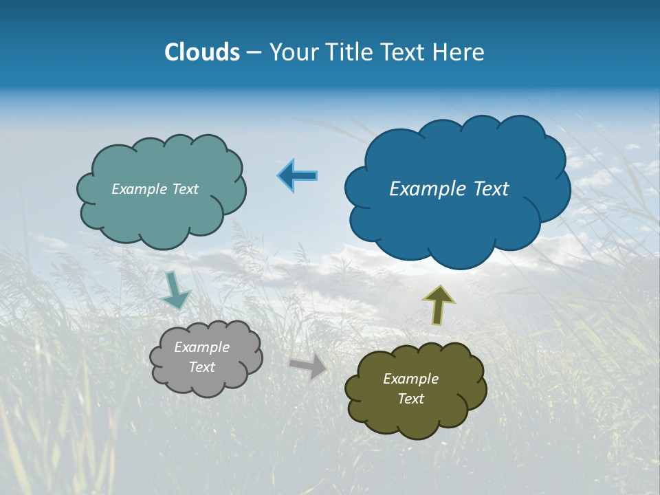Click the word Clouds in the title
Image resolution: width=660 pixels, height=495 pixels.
202,52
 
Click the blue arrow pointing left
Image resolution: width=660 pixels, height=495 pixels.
297,176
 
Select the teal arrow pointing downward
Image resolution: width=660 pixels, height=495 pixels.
175,290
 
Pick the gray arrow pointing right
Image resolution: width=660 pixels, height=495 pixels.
309,366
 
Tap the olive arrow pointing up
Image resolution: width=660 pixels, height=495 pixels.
438,305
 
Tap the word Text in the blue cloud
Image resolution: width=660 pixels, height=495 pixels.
489,189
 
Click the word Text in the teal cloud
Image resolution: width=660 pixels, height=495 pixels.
185,189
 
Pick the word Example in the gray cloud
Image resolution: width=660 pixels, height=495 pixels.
201,347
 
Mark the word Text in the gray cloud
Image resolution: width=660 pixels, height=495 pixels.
201,367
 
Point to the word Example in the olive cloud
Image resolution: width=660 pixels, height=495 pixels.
410,379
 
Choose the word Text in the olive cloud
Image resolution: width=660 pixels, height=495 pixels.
410,399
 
